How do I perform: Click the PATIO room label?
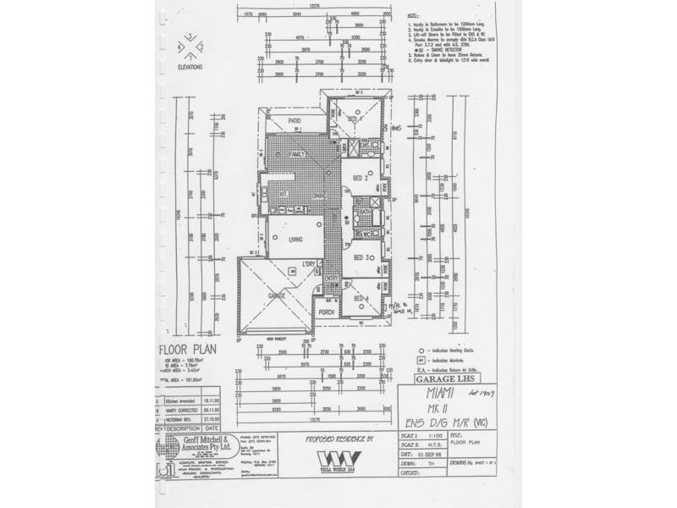(294, 122)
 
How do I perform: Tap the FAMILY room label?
(297, 155)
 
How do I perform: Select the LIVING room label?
(295, 240)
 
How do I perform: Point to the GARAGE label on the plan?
(277, 295)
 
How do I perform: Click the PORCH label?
(327, 312)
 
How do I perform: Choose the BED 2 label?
(360, 179)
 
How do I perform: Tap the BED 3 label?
(360, 257)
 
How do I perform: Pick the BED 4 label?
(361, 299)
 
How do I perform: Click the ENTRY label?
(331, 279)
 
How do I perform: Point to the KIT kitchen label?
(285, 194)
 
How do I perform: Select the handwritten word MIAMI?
(437, 395)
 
